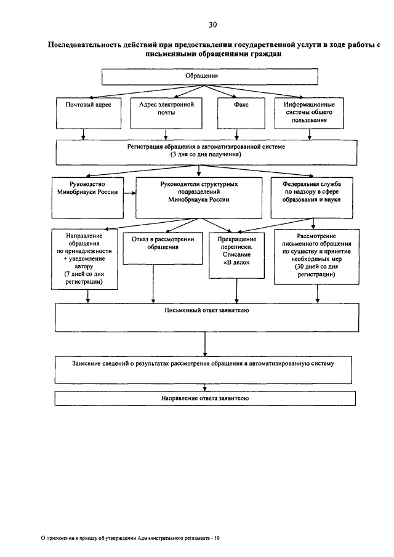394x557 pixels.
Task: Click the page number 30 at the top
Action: (213, 25)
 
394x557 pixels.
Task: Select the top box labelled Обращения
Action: (209, 77)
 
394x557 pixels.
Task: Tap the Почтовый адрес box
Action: (89, 113)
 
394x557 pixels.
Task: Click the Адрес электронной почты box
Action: (166, 113)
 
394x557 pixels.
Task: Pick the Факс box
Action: (241, 113)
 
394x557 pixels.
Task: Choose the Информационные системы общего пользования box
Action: (309, 113)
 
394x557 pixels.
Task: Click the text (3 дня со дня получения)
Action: (206, 154)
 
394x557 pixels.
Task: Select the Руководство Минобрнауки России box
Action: (87, 198)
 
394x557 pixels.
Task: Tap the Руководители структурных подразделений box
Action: (199, 198)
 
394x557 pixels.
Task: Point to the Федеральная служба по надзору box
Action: (312, 198)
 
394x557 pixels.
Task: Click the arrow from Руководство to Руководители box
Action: (130, 193)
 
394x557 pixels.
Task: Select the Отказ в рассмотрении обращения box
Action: (163, 248)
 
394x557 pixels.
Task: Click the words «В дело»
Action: (236, 263)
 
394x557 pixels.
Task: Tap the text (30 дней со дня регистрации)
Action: (316, 270)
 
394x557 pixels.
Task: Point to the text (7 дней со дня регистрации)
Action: (84, 278)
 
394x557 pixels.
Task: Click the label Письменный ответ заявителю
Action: (207, 310)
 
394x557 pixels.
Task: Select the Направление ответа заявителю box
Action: (205, 398)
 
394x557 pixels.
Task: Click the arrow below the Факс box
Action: (237, 134)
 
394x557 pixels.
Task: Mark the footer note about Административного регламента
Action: (131, 538)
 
